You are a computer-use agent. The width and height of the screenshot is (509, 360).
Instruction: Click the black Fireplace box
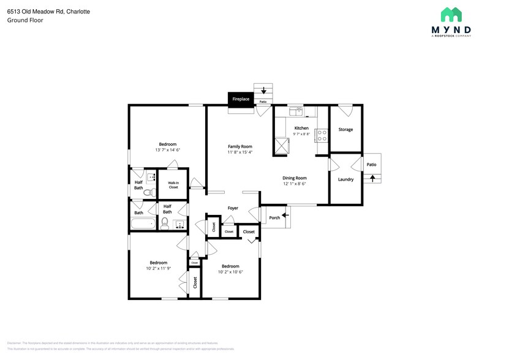tap(241, 99)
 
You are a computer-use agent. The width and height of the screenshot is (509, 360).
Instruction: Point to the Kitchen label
tap(301, 128)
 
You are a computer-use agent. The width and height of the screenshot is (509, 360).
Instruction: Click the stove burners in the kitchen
tap(320, 134)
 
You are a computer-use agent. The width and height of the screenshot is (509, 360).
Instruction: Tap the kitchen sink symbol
tap(296, 111)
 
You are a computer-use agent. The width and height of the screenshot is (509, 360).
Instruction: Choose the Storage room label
tap(345, 129)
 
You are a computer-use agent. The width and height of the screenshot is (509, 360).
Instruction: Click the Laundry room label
tap(345, 179)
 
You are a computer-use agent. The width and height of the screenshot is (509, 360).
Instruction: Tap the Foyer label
tap(233, 208)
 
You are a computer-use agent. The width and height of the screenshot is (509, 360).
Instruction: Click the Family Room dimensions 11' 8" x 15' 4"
tap(240, 152)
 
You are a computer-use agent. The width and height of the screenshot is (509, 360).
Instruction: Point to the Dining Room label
tap(294, 178)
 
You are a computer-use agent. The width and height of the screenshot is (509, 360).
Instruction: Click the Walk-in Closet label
tap(173, 185)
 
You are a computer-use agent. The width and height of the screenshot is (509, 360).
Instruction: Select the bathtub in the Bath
tap(144, 223)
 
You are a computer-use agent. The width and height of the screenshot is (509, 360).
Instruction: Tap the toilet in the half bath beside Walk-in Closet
tap(146, 192)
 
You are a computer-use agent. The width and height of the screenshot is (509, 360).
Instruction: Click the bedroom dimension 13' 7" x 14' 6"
tap(168, 149)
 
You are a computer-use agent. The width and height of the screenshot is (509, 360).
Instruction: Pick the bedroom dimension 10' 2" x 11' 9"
tap(159, 268)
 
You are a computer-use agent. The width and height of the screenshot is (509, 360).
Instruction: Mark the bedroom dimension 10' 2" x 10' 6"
tap(230, 271)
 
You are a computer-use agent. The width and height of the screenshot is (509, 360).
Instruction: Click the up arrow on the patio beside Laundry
tap(372, 178)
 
